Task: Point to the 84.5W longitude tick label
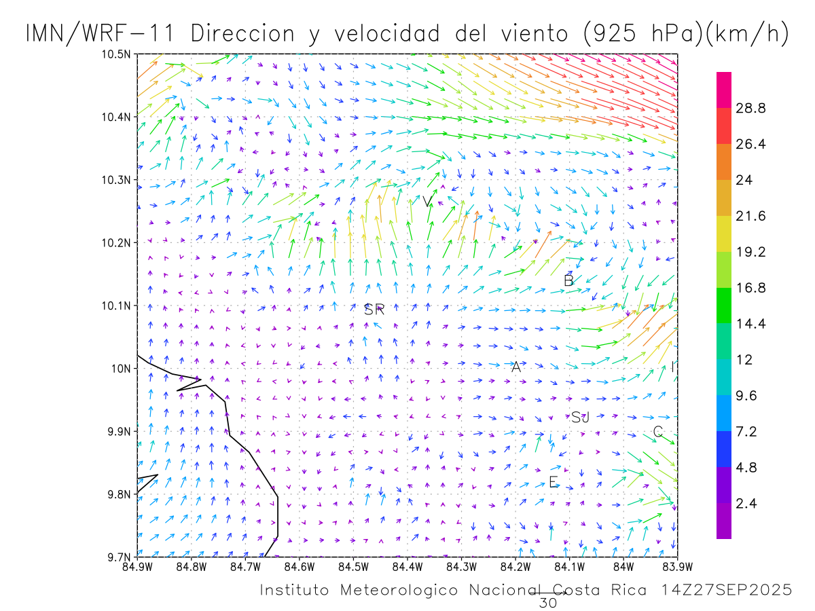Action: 352,566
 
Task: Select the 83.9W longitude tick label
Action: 676,566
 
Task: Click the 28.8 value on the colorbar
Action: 751,108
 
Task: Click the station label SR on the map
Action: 374,310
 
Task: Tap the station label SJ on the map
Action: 580,418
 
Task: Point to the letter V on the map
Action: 427,202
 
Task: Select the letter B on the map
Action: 569,280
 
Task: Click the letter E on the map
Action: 554,482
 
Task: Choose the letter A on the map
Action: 516,367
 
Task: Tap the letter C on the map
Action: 657,432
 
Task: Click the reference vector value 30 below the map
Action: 547,603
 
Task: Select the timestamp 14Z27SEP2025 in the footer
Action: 726,591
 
